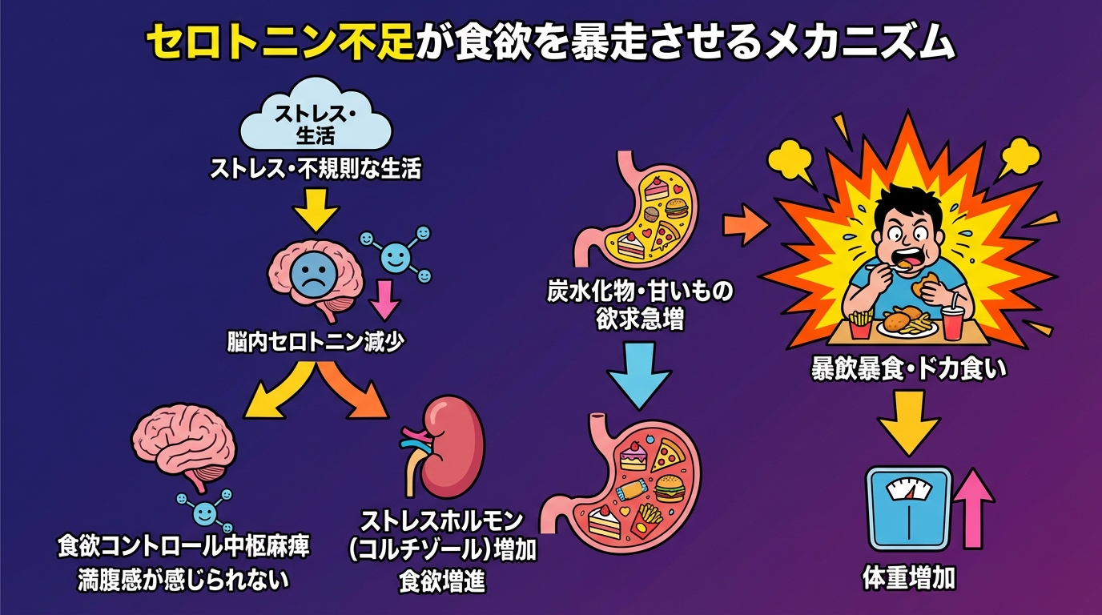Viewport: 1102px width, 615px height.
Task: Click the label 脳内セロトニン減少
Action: pyautogui.click(x=316, y=342)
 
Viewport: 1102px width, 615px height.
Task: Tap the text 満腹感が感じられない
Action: pyautogui.click(x=183, y=579)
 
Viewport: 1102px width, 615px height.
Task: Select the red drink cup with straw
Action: pyautogui.click(x=953, y=321)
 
